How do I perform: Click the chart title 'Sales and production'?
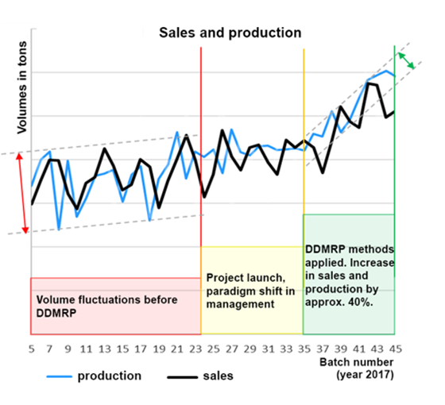coord(230,33)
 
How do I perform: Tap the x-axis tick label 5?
coord(31,347)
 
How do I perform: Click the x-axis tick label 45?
coord(394,347)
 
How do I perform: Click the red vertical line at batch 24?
coord(201,143)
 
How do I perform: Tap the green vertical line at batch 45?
coord(395,159)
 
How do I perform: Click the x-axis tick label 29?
coord(250,347)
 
